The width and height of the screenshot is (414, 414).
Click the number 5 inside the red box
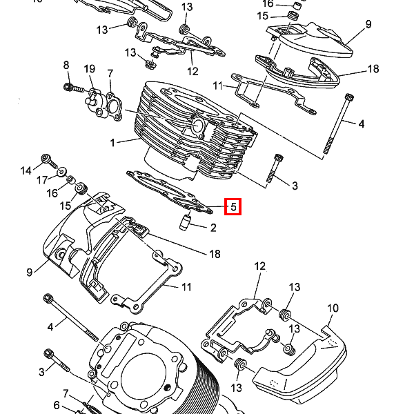(x=233, y=206)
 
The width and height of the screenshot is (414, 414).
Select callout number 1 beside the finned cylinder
(x=112, y=143)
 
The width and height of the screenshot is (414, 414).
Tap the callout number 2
(x=213, y=228)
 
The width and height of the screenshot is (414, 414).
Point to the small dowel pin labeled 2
(x=185, y=222)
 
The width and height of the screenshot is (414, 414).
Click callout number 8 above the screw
(x=66, y=65)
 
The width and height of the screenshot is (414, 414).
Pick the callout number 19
(x=90, y=69)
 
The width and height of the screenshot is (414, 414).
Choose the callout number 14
(x=26, y=171)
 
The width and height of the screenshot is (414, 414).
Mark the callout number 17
(x=42, y=180)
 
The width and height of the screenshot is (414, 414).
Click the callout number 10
(x=333, y=308)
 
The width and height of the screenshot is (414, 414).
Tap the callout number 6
(x=57, y=405)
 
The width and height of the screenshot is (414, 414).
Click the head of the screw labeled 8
(x=68, y=86)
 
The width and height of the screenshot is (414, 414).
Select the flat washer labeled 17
(x=62, y=172)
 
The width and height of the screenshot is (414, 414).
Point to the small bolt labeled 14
(x=49, y=161)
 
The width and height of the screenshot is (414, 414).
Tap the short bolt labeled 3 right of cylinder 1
(x=275, y=168)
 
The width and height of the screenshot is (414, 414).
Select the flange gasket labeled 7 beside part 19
(x=114, y=106)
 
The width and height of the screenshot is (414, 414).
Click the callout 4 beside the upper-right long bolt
(x=361, y=124)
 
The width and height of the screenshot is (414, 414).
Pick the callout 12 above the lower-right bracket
(x=260, y=266)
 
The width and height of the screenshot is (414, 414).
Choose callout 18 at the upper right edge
(x=373, y=69)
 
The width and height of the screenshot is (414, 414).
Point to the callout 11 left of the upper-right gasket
(x=218, y=86)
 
